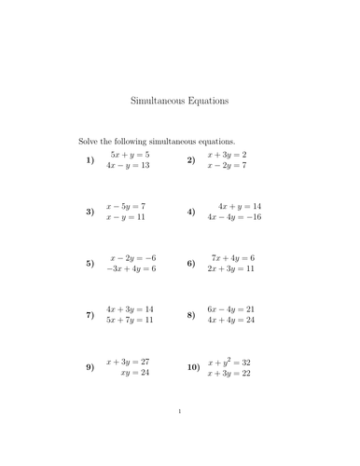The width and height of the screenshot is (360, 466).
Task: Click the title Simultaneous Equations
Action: pos(180,100)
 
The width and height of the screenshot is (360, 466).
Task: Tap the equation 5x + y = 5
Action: pos(130,154)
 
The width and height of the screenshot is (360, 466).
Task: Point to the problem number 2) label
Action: pos(190,160)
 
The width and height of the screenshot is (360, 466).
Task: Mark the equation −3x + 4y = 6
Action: pos(130,268)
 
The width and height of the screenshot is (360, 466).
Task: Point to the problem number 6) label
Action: pos(190,263)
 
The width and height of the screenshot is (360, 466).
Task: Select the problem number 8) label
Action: pos(190,315)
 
